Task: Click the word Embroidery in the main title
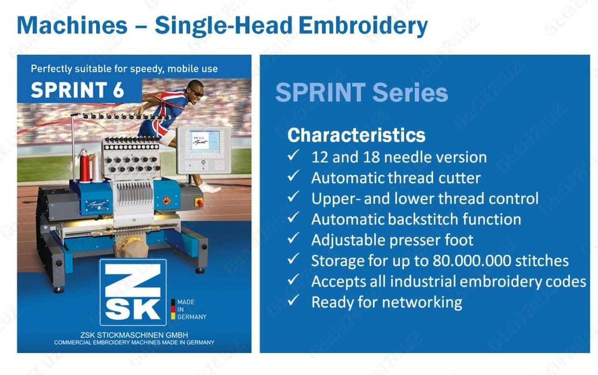363,26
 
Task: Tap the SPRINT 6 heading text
77,90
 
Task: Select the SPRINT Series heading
362,92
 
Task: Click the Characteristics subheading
356,135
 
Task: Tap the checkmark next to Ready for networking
293,300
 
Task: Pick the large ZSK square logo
133,292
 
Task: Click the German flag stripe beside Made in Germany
173,309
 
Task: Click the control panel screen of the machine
205,142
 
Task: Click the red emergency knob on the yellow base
199,202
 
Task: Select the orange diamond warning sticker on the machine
166,200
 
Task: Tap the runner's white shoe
211,187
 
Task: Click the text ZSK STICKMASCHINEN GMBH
134,335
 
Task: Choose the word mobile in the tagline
183,69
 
